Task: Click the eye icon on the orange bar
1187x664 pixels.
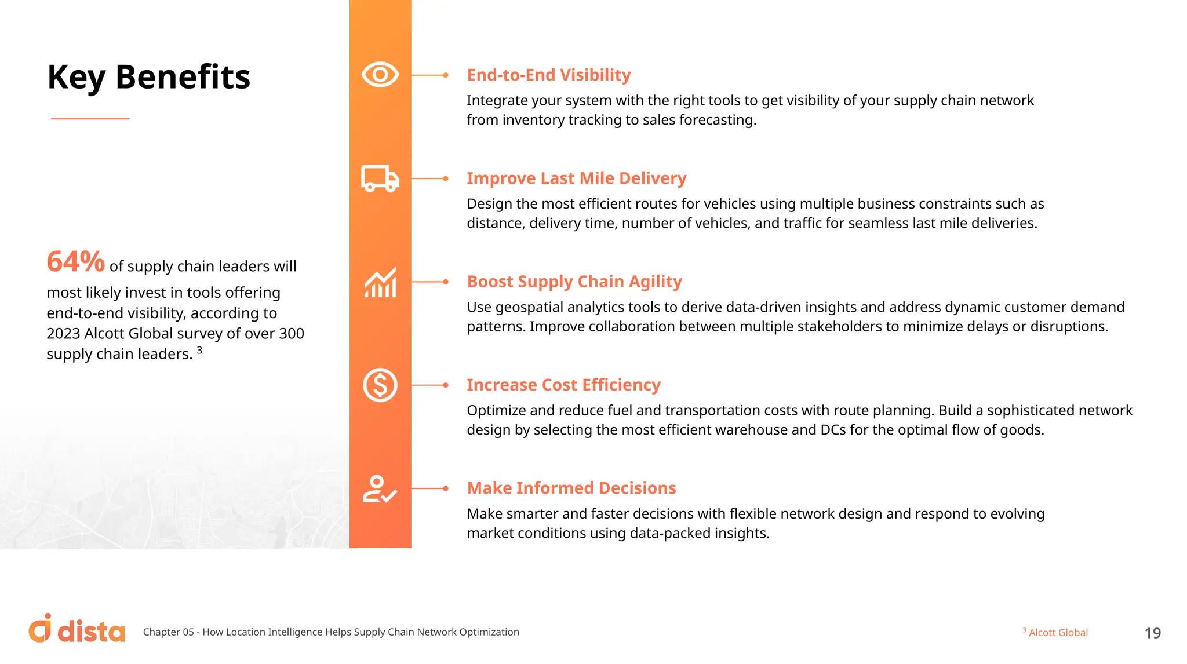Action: [x=380, y=75]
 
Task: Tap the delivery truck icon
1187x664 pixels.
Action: [x=380, y=178]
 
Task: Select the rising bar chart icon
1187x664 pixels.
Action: [x=380, y=282]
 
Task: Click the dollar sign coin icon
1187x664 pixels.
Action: [x=380, y=385]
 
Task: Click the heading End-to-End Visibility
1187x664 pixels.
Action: [x=548, y=75]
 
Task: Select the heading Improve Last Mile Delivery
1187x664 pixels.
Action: [x=576, y=178]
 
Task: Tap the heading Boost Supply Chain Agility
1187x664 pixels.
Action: [x=574, y=282]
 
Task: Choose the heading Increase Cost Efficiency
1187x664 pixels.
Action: [x=563, y=385]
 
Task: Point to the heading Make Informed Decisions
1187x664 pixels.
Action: [x=571, y=488]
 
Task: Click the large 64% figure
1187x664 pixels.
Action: [x=75, y=262]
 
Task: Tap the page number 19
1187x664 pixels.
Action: [x=1152, y=633]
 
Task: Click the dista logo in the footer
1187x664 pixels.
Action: [x=77, y=629]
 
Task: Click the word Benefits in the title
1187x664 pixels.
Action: [x=183, y=77]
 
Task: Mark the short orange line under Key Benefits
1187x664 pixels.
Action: [x=90, y=119]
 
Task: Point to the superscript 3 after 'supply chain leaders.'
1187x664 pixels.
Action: [x=199, y=350]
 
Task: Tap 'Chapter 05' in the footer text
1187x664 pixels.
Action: [x=168, y=632]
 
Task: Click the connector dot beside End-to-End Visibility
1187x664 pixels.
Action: [x=445, y=75]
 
